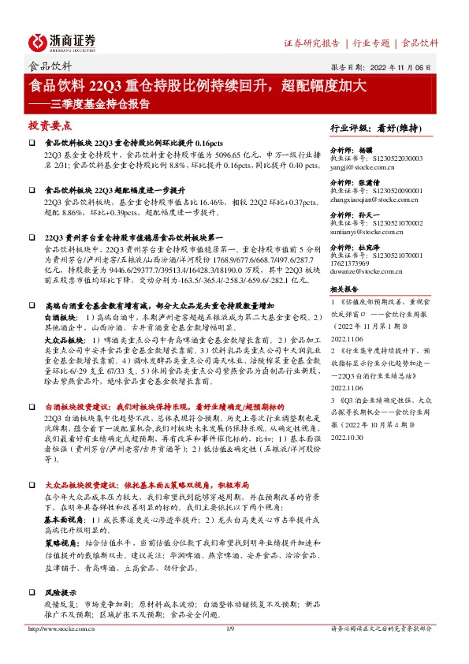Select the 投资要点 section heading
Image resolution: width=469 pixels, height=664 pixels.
(50, 125)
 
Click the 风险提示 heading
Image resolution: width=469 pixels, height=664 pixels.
(63, 569)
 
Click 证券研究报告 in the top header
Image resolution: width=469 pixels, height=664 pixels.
(311, 43)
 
